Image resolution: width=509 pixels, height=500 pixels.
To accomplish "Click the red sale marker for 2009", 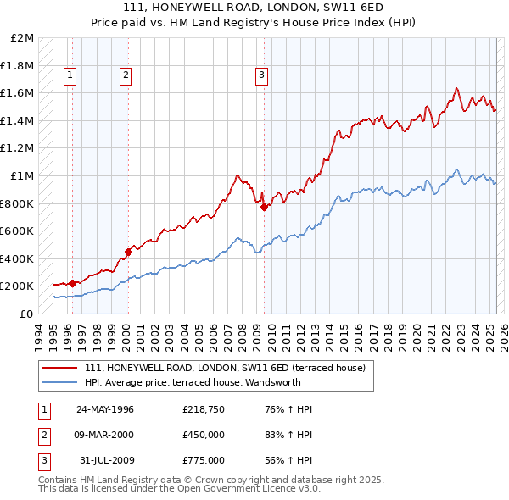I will (264, 207).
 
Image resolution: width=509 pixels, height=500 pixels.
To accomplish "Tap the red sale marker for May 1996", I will (72, 283).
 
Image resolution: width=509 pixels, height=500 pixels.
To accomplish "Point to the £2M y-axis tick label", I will (23, 38).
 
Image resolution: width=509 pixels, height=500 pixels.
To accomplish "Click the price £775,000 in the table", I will (204, 460).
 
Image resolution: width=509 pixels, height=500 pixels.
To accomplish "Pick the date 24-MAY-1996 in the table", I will (105, 409).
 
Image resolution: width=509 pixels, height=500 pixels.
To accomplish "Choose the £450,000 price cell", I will (204, 435).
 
